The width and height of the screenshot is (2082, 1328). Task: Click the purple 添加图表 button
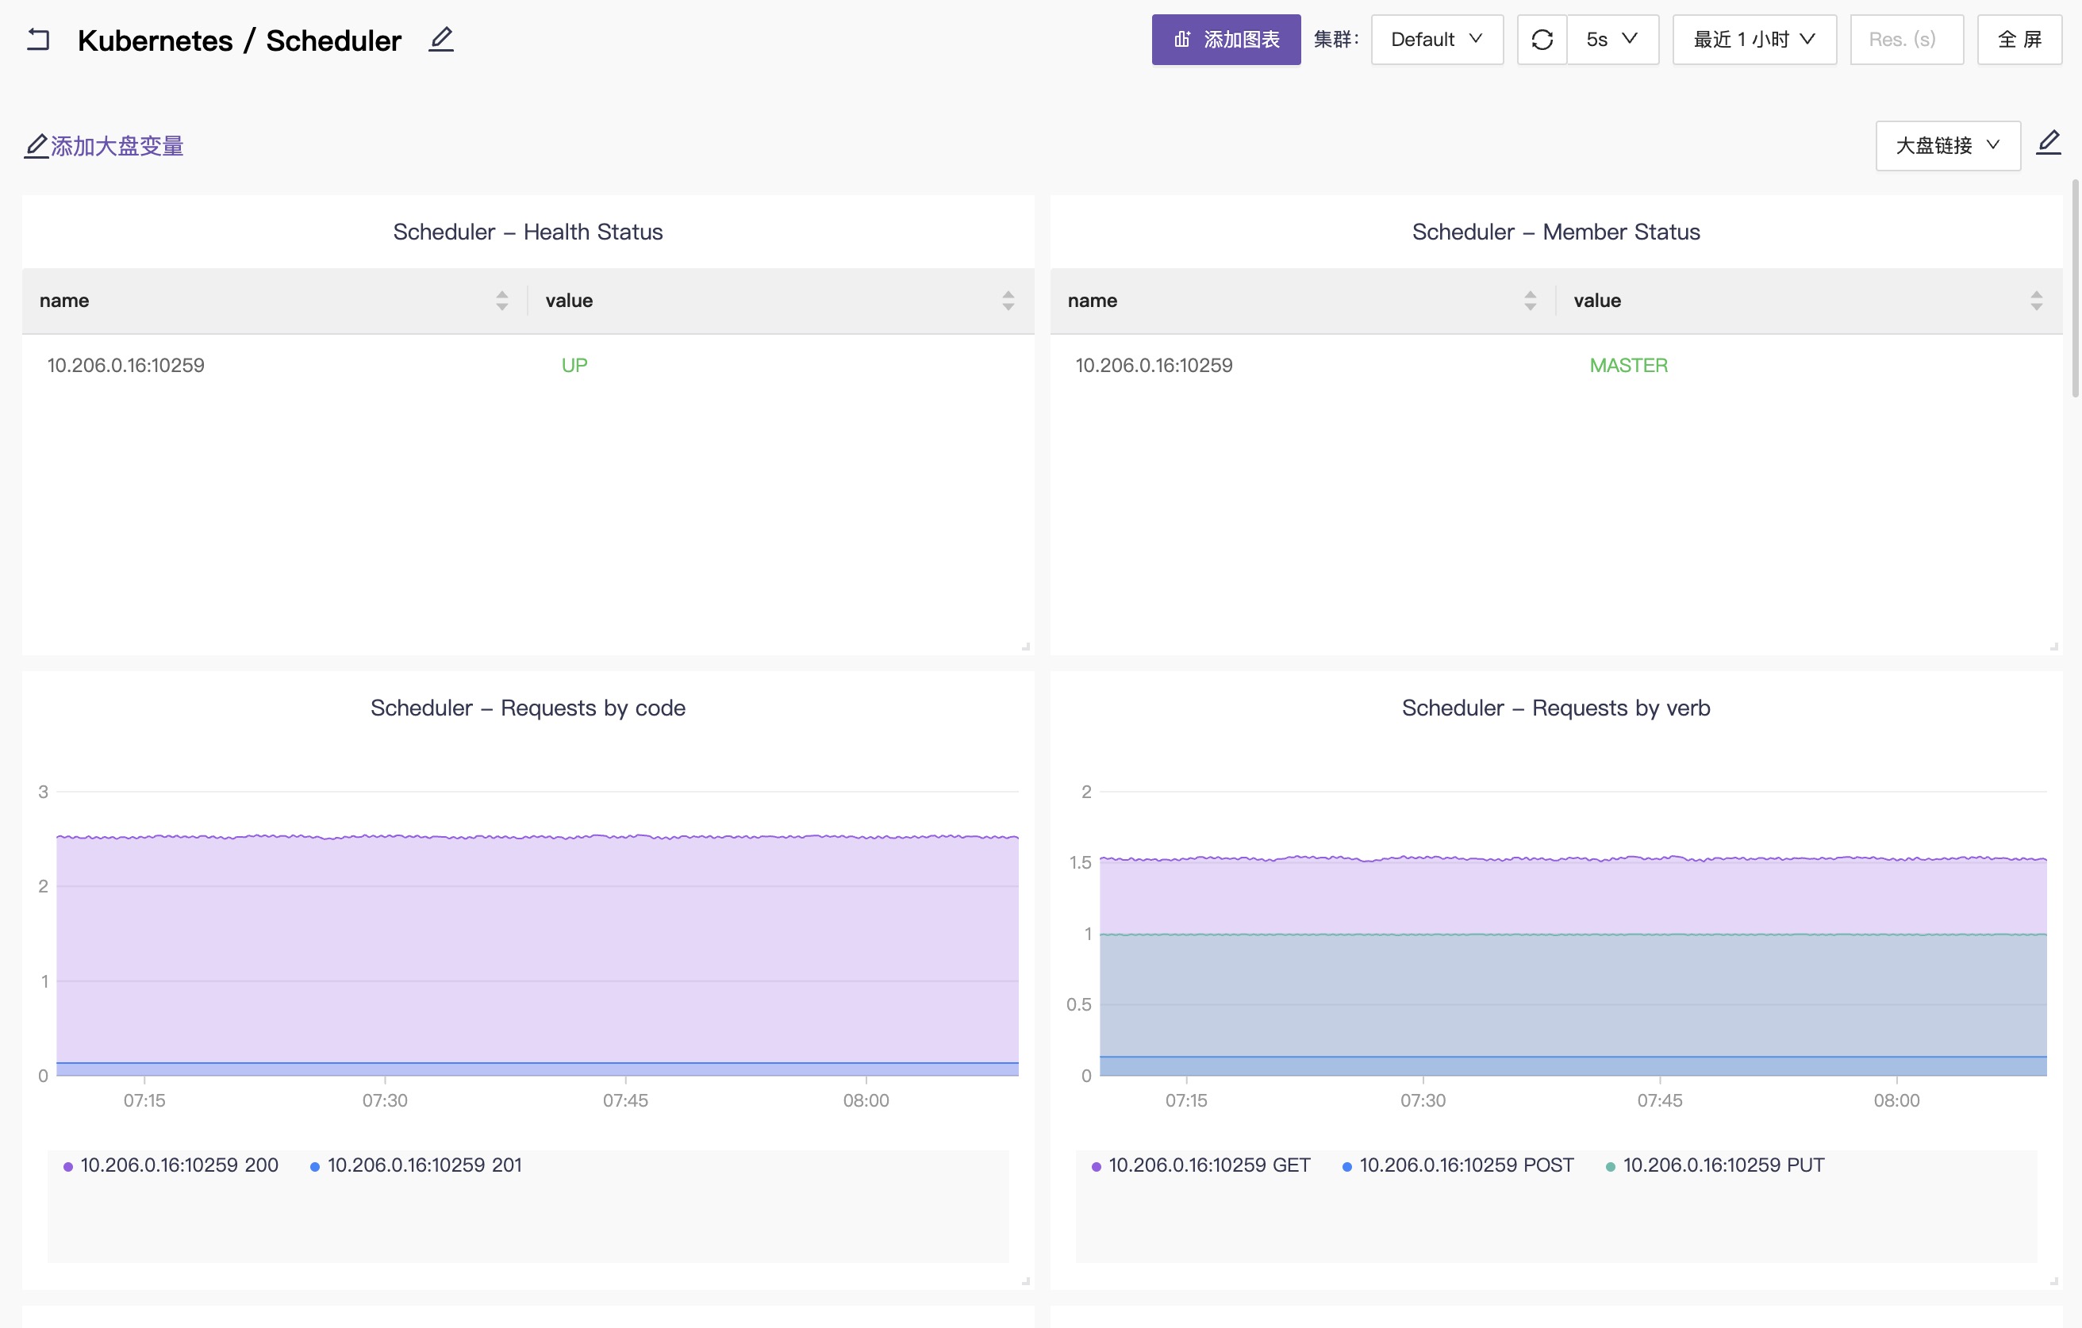1225,40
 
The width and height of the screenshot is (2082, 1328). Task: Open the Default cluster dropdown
1437,40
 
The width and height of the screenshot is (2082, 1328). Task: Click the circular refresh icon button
1542,40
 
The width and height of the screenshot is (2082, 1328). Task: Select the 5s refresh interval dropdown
1612,40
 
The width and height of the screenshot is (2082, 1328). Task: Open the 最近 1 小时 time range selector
1754,40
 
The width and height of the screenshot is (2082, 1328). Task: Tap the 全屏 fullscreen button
2019,40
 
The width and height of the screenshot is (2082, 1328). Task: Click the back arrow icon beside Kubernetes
38,40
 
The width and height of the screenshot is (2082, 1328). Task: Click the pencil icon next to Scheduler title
441,39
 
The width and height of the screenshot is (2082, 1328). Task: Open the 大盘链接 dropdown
1947,145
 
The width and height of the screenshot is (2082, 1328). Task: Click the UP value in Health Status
574,365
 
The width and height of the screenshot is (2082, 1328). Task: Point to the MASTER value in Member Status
1628,365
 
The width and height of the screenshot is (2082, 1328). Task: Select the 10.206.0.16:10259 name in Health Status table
125,365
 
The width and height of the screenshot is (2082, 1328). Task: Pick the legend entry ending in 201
416,1165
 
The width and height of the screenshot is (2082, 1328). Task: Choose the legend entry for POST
1458,1165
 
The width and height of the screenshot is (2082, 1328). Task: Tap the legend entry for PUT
1715,1165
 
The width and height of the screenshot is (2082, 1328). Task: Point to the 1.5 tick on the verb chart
1080,862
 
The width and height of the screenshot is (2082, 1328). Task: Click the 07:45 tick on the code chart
625,1100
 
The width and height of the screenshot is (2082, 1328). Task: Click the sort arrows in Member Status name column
1530,300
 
